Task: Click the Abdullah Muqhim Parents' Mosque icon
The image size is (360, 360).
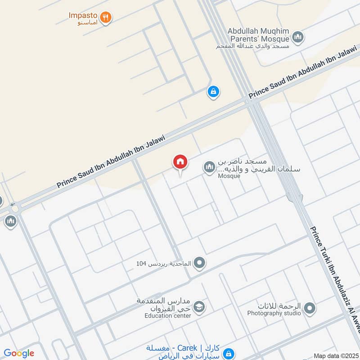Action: [x=297, y=38]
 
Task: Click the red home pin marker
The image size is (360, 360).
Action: [x=180, y=162]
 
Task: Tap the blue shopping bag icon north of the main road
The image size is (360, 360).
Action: [x=213, y=92]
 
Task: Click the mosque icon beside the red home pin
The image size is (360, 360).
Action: [x=209, y=168]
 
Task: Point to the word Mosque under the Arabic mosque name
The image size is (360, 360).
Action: [x=229, y=176]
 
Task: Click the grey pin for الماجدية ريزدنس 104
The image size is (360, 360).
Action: [x=200, y=263]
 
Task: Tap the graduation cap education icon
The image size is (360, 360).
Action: [x=200, y=307]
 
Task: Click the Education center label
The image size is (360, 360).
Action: [x=168, y=315]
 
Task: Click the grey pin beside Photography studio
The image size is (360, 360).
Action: [x=309, y=309]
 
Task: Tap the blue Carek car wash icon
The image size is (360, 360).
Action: [x=229, y=353]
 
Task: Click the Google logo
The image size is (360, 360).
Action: [x=19, y=353]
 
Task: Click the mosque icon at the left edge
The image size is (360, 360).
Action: [x=11, y=221]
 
